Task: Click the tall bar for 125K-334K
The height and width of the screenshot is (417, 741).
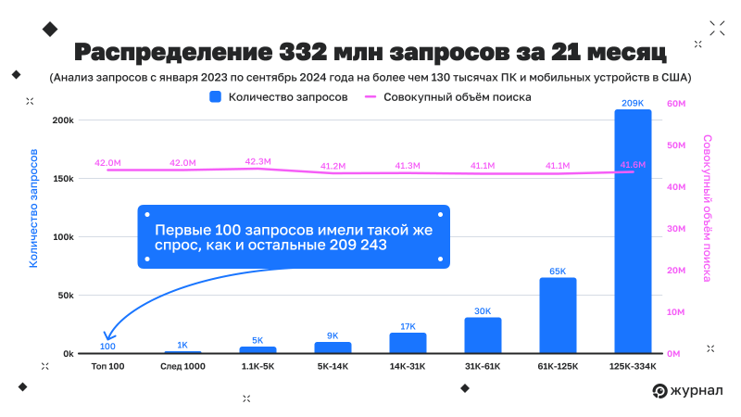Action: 633,232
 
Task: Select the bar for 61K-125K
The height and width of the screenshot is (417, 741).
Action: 558,315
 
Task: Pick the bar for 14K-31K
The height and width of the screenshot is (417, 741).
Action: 408,342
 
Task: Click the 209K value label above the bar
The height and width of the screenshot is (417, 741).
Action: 633,103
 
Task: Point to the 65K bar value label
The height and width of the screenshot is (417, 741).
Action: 558,272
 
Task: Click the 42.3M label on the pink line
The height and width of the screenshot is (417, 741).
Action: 257,161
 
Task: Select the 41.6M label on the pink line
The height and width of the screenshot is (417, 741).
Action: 633,163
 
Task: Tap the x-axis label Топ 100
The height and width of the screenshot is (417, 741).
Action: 107,367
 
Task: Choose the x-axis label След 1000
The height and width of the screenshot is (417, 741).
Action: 182,367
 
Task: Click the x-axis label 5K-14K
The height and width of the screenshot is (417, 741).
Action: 333,367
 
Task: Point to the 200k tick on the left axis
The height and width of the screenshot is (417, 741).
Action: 63,120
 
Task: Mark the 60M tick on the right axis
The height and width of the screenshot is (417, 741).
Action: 675,104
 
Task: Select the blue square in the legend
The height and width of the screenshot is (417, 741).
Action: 216,96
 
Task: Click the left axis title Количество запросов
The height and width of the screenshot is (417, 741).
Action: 33,208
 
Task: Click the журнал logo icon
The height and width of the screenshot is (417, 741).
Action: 659,391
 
